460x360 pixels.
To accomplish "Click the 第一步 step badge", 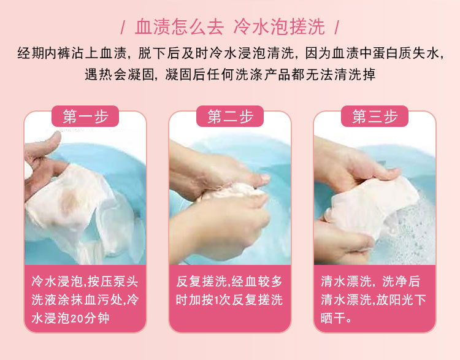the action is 85,116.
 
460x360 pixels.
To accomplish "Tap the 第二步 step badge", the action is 230,116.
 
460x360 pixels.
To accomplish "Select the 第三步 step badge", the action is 375,116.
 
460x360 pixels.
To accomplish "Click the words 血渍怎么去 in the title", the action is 179,27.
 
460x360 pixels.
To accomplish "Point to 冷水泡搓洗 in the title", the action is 279,27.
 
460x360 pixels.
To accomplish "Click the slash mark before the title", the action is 123,28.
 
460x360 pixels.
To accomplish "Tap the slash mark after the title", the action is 337,28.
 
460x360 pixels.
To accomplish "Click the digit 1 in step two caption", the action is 217,300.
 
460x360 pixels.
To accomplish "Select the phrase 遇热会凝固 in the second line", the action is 119,75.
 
